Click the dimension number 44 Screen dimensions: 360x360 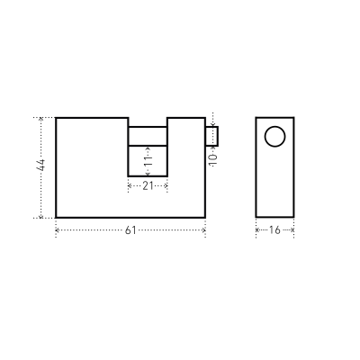[x=40, y=165]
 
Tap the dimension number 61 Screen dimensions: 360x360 [x=130, y=230]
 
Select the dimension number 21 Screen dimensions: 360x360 [x=148, y=186]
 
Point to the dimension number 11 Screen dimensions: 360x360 [x=148, y=161]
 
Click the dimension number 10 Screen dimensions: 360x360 [x=213, y=160]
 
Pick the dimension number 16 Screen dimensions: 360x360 [x=274, y=230]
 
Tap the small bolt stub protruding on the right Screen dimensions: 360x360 [x=211, y=136]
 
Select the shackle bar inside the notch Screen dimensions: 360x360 [x=148, y=136]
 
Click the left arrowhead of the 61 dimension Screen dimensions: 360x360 [x=58, y=230]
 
